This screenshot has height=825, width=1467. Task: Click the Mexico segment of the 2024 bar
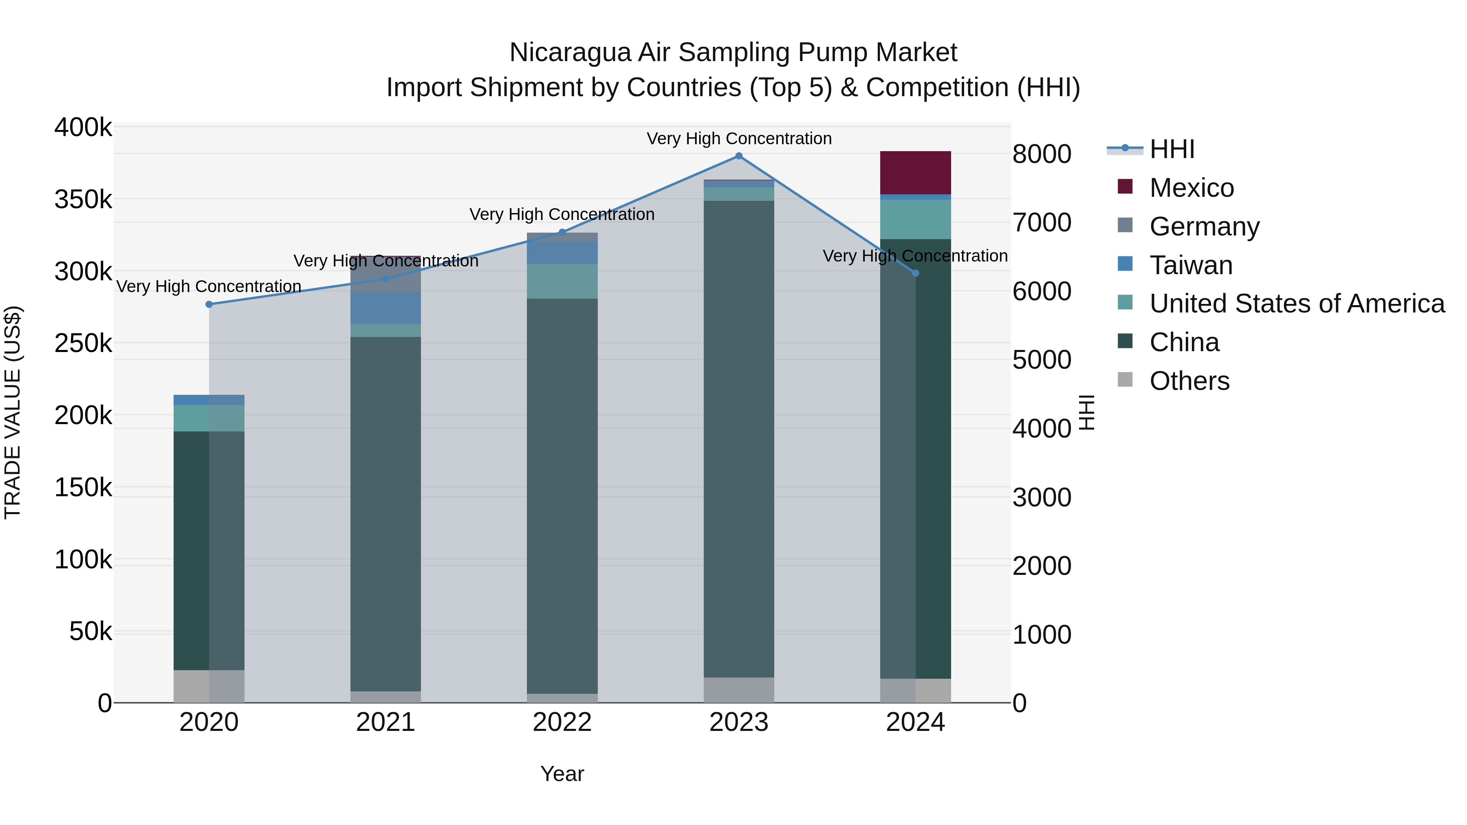(915, 172)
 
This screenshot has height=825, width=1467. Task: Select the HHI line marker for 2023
(739, 156)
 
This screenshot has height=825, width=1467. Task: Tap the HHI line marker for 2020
(209, 305)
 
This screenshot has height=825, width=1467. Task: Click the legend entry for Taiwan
(1190, 265)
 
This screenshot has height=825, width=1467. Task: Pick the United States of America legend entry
(1297, 304)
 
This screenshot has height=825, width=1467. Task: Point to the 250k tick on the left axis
(83, 344)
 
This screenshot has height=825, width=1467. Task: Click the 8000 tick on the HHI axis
(1042, 154)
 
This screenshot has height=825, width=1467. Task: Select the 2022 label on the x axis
(562, 722)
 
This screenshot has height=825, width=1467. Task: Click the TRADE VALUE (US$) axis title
(13, 412)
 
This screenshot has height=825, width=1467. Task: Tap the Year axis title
(562, 774)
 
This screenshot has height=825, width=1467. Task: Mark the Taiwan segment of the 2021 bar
(385, 308)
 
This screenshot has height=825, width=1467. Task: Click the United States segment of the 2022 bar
(562, 281)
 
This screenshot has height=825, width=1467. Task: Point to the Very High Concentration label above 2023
(739, 139)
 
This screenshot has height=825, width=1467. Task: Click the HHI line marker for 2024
(915, 273)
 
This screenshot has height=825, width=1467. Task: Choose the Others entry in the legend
(1189, 381)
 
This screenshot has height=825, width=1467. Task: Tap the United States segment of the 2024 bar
(915, 219)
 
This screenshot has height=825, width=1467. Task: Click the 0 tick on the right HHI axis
(1020, 704)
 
